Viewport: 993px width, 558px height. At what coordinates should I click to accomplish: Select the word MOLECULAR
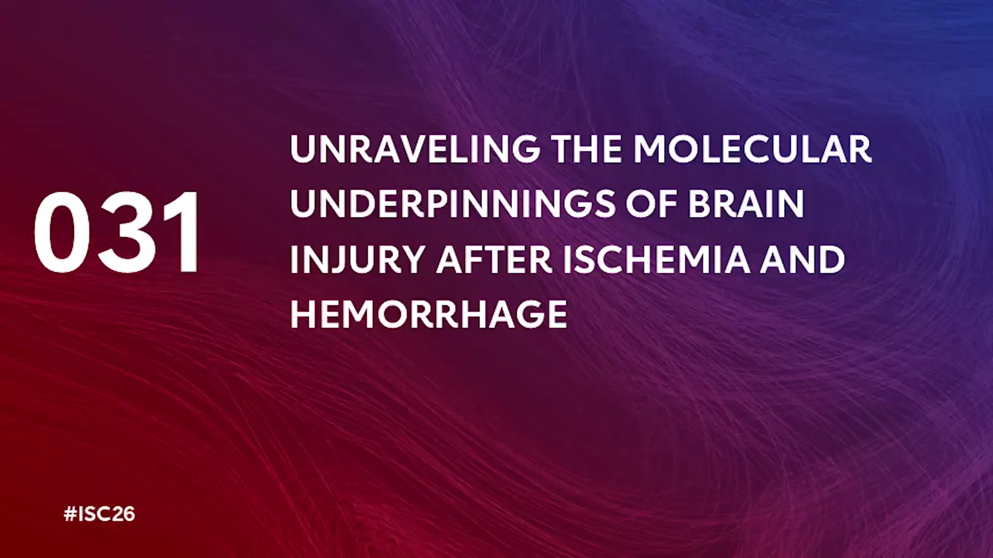click(x=753, y=149)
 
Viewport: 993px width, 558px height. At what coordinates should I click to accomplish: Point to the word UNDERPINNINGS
click(x=453, y=204)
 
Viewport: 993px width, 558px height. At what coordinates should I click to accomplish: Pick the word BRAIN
click(x=746, y=204)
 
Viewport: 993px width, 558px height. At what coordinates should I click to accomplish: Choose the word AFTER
click(x=494, y=259)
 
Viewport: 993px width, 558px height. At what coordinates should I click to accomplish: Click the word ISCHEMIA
click(x=656, y=259)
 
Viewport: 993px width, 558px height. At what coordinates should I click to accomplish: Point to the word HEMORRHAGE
click(x=429, y=314)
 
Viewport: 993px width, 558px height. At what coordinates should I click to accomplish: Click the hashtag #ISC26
click(x=99, y=514)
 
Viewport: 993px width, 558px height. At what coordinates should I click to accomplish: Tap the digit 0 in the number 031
click(x=62, y=232)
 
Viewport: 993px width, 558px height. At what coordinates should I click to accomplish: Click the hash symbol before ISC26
click(x=70, y=514)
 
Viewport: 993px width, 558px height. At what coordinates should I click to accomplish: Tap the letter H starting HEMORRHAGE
click(x=303, y=314)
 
